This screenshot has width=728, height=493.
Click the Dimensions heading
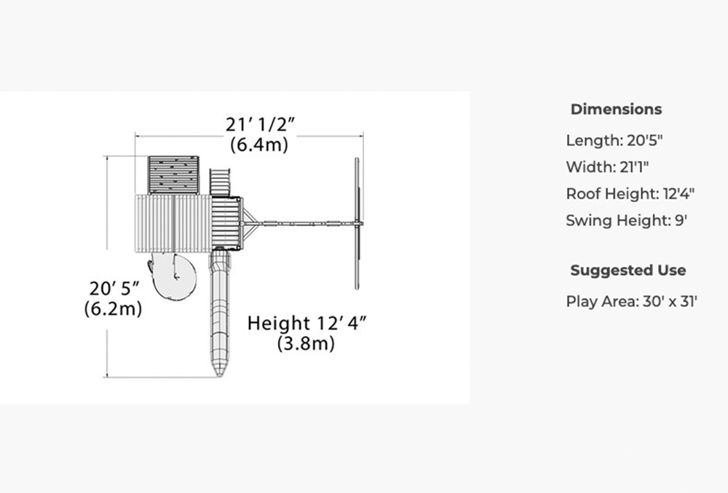[616, 109]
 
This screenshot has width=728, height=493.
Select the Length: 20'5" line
[614, 140]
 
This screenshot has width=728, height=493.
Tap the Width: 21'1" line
[607, 167]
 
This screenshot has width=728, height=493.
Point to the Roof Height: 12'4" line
[630, 193]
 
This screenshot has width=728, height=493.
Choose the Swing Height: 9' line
[626, 220]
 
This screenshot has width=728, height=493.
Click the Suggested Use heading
[628, 270]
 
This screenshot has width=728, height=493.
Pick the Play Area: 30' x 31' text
[631, 302]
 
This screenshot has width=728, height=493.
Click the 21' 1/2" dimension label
[261, 125]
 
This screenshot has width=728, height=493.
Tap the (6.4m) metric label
[259, 145]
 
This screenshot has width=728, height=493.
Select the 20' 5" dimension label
[114, 289]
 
